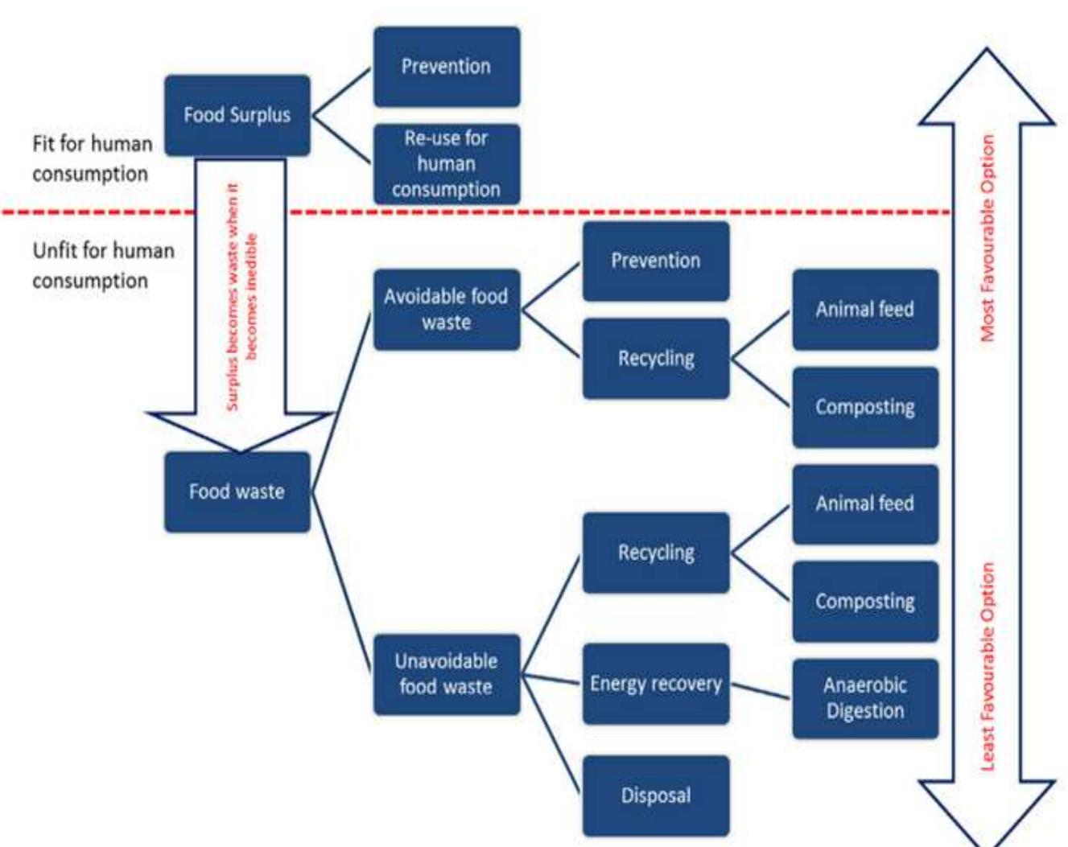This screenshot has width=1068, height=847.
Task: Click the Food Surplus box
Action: (x=237, y=115)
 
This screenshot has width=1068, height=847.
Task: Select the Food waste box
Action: (x=237, y=491)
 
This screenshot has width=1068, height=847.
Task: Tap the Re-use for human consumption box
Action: (x=446, y=164)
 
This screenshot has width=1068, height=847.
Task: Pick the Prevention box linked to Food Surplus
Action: (x=446, y=67)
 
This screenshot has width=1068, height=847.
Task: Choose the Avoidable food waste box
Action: (x=446, y=310)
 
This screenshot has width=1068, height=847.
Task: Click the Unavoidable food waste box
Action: (x=446, y=674)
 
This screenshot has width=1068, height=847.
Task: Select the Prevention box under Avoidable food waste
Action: (x=655, y=261)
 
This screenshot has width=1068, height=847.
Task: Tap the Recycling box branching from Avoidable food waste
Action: (x=655, y=359)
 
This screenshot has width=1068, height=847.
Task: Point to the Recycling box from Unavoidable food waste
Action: (x=655, y=553)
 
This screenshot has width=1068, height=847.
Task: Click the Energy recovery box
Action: (x=655, y=684)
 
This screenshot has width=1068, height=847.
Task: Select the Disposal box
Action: (x=655, y=796)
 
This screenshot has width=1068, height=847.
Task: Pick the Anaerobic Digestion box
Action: (x=864, y=698)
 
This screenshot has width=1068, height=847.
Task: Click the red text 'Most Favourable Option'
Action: (x=988, y=238)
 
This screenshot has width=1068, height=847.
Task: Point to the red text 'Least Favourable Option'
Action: (x=988, y=666)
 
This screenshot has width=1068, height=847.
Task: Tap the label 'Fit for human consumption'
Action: (x=92, y=158)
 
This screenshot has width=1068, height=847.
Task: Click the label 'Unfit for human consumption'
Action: (x=102, y=265)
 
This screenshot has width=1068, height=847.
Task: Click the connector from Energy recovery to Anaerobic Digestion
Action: (x=761, y=691)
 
